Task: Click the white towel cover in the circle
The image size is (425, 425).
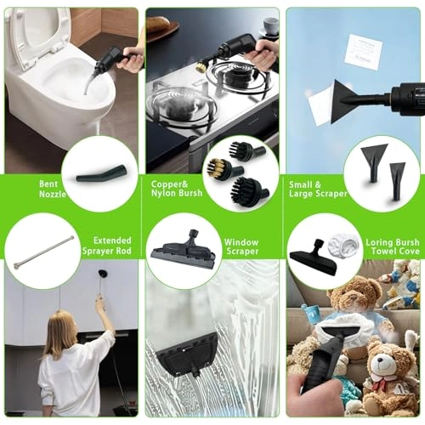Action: click(x=343, y=243)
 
